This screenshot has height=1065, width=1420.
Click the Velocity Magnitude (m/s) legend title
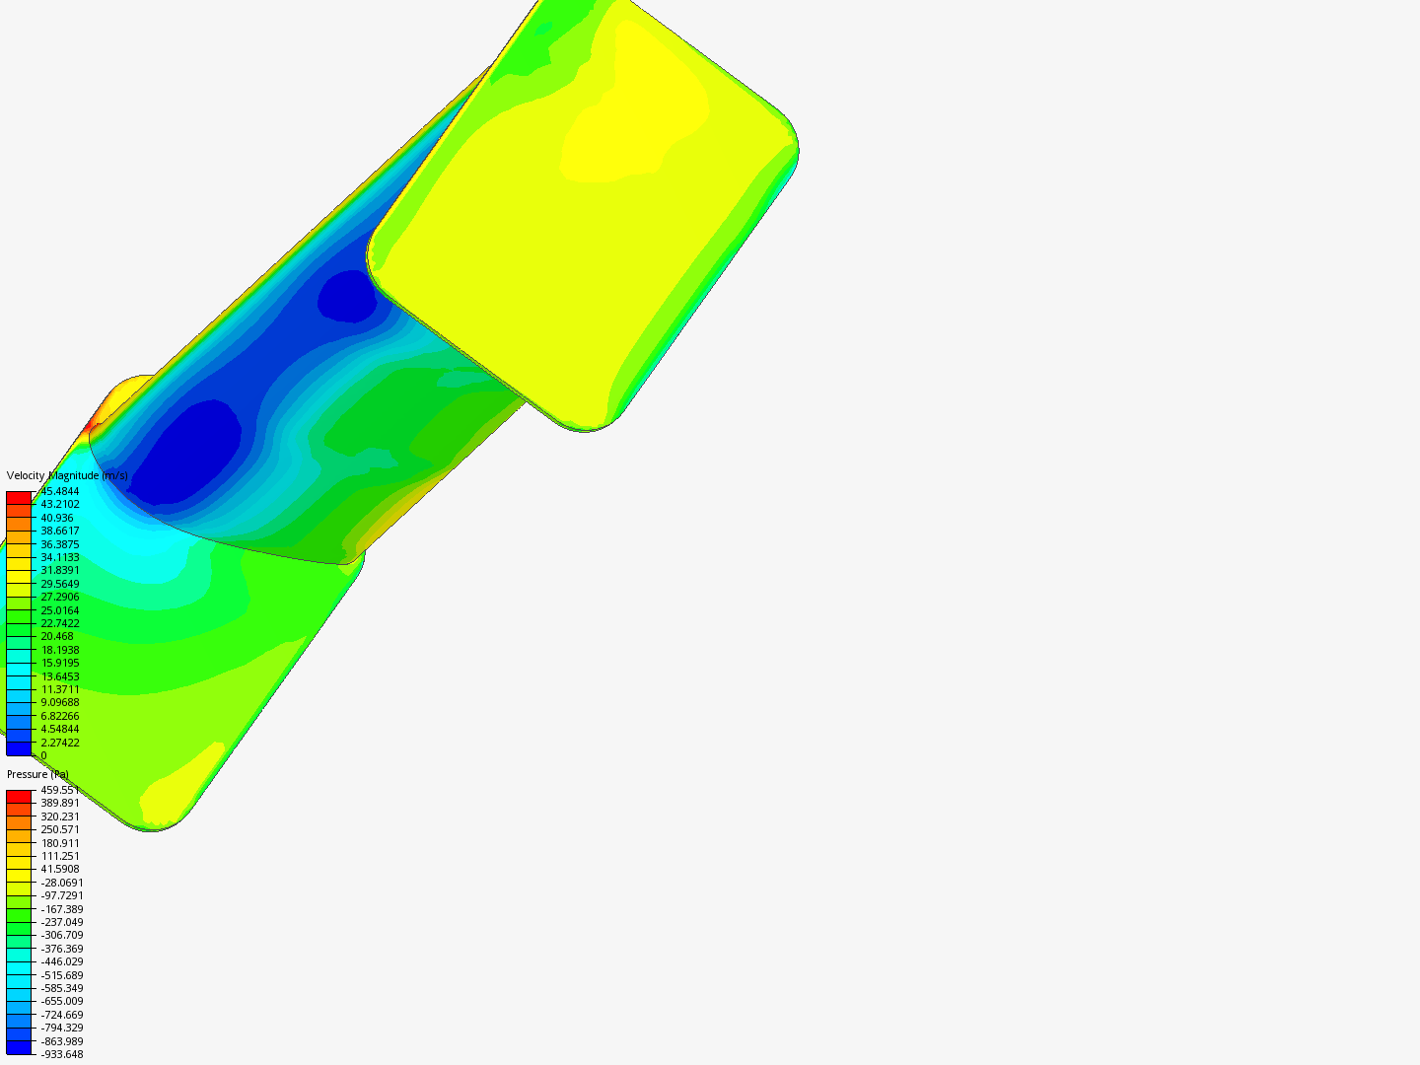coord(67,475)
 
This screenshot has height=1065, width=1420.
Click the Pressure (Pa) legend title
coord(37,774)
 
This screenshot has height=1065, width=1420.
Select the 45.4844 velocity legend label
coord(59,491)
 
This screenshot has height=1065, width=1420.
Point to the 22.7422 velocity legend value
coord(59,623)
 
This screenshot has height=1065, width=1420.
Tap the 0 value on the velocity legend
coord(43,755)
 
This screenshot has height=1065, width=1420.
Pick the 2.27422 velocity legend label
coord(59,743)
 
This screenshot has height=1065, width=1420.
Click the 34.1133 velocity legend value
coord(59,557)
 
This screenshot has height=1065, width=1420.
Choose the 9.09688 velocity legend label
coord(59,702)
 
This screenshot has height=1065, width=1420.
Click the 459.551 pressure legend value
coord(59,790)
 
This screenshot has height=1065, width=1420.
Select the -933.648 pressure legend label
coord(61,1055)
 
